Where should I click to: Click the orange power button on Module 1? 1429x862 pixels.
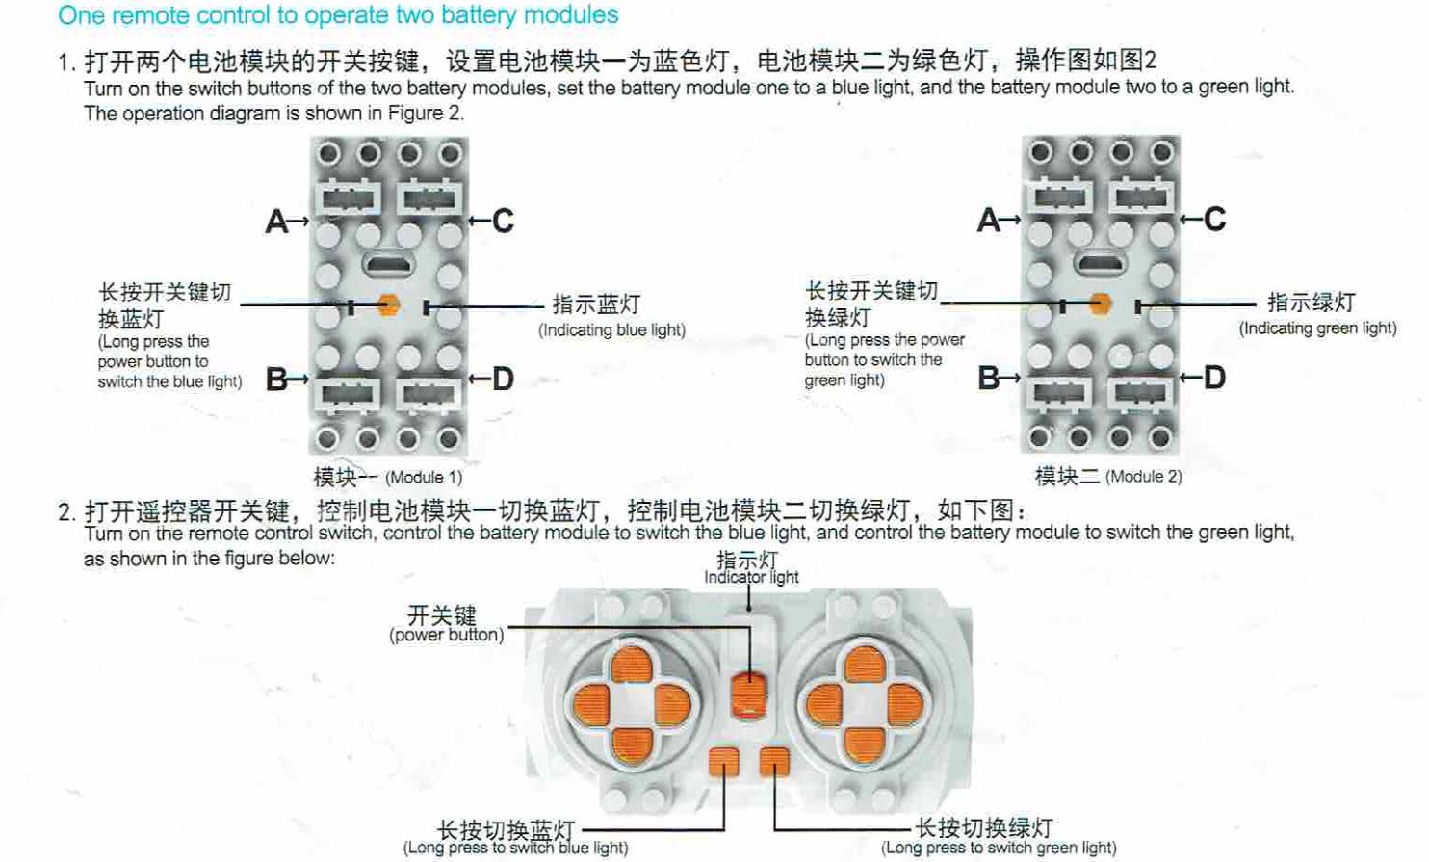point(388,304)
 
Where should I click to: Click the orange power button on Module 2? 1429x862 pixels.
point(1100,303)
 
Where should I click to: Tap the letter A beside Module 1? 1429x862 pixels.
point(277,222)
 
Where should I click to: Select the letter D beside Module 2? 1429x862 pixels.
point(1214,378)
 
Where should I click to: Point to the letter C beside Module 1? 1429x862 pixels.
point(503,221)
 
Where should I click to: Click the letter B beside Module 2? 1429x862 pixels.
point(988,378)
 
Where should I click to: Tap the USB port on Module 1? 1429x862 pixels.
point(389,264)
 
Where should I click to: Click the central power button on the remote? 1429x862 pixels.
point(749,695)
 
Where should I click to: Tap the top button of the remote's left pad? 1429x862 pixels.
point(632,665)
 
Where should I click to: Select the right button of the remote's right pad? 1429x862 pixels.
point(904,706)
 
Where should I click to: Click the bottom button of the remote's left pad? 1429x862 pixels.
point(632,745)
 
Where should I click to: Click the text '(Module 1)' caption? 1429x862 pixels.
point(424,478)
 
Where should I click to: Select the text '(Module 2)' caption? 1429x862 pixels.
point(1143,477)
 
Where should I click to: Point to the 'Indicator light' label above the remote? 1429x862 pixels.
point(751,577)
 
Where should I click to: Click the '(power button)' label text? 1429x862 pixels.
point(447,635)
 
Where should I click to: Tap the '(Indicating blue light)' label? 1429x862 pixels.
point(611,329)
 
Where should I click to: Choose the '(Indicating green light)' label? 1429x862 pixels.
point(1318,328)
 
